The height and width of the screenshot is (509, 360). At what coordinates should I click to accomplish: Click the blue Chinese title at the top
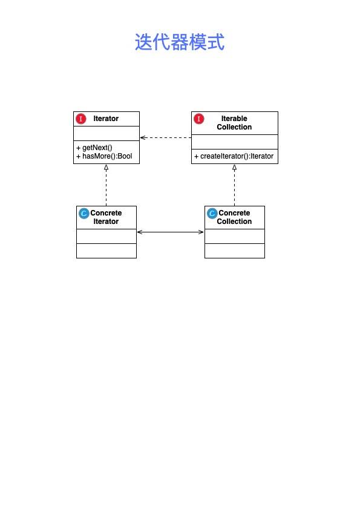(x=180, y=42)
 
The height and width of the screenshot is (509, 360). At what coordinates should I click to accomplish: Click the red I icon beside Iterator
(x=81, y=119)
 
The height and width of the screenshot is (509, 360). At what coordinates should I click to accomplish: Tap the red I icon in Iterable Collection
(x=199, y=119)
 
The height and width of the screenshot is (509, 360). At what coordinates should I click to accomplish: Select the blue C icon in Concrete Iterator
(x=83, y=213)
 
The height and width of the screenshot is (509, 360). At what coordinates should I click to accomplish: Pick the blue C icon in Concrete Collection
(x=212, y=213)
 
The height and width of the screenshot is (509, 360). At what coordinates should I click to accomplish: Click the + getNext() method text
(x=94, y=148)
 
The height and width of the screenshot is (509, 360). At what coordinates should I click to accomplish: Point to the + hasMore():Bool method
(x=104, y=156)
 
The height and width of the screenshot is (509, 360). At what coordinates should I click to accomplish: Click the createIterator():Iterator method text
(x=234, y=156)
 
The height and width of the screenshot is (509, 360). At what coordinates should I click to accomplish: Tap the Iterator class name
(x=106, y=119)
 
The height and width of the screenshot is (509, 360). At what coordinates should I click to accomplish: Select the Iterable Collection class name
(x=234, y=123)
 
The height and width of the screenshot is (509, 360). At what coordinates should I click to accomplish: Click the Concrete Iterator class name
(x=106, y=217)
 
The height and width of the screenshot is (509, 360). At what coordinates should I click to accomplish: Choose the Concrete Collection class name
(x=234, y=217)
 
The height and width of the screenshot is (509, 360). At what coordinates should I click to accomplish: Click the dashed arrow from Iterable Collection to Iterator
(x=166, y=137)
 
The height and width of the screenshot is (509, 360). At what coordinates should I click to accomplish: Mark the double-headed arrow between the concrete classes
(x=171, y=232)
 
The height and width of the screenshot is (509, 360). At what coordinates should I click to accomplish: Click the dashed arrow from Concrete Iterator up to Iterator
(x=106, y=185)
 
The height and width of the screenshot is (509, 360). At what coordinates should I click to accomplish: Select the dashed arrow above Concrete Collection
(x=234, y=185)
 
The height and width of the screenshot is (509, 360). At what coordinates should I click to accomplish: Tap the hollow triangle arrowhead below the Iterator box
(x=106, y=168)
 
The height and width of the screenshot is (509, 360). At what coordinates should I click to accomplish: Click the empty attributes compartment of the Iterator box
(x=106, y=133)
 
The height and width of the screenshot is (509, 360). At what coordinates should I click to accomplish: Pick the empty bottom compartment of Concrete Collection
(x=235, y=251)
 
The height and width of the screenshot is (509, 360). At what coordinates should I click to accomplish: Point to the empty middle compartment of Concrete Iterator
(x=106, y=236)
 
